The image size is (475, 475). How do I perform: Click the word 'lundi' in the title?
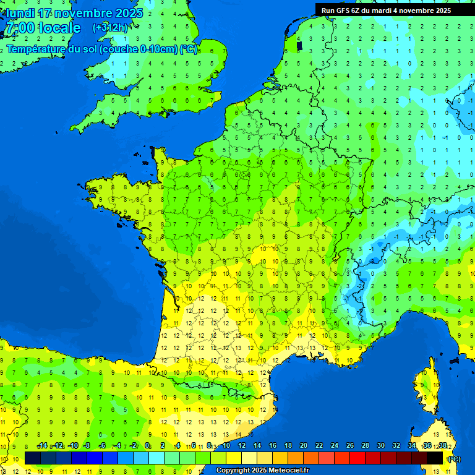pos(20,13)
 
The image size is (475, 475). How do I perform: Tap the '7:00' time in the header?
pos(20,28)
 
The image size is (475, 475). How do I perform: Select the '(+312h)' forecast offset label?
pos(110,28)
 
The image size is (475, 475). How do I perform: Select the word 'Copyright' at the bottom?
pos(234,471)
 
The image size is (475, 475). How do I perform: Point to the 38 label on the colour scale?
pos(442,446)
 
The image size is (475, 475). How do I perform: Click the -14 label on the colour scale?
pos(42,446)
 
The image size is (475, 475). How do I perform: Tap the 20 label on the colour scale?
pos(304,446)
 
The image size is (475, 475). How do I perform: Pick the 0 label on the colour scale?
pos(147,446)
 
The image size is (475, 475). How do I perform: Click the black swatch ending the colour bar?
pos(435,458)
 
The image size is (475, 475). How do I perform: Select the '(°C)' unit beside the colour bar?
pos(454,459)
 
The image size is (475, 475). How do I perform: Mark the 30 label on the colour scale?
pos(381,446)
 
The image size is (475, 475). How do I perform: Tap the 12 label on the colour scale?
pos(242,446)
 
